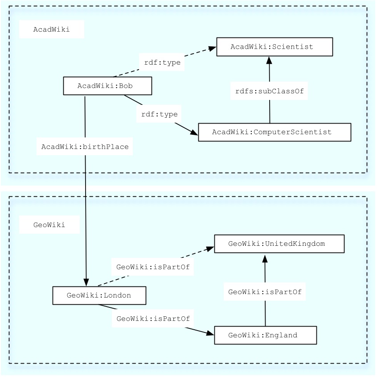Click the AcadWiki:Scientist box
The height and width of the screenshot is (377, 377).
[275, 47]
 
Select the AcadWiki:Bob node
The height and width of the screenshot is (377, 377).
[107, 86]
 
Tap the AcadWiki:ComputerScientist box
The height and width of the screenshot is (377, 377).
[275, 132]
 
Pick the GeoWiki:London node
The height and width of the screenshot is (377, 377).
[99, 295]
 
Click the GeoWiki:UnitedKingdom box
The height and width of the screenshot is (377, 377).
[279, 244]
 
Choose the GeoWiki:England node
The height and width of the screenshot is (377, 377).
[265, 336]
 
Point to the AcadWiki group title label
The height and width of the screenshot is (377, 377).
[52, 29]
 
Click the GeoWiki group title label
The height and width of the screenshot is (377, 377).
[49, 225]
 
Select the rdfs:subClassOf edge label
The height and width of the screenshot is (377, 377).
[269, 91]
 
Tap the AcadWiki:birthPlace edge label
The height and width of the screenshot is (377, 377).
[85, 147]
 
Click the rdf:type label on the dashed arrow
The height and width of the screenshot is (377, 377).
[162, 62]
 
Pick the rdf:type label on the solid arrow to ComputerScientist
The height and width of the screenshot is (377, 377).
[159, 114]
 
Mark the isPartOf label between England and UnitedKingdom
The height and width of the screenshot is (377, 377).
[265, 292]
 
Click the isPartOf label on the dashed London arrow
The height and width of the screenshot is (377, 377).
[153, 267]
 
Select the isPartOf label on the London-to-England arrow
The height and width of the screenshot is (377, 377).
[153, 319]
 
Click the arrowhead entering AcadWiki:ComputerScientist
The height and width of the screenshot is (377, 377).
[194, 133]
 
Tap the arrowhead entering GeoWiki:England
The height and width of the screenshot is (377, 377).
[210, 333]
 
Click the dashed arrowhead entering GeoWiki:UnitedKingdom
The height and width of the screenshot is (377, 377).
[210, 249]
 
